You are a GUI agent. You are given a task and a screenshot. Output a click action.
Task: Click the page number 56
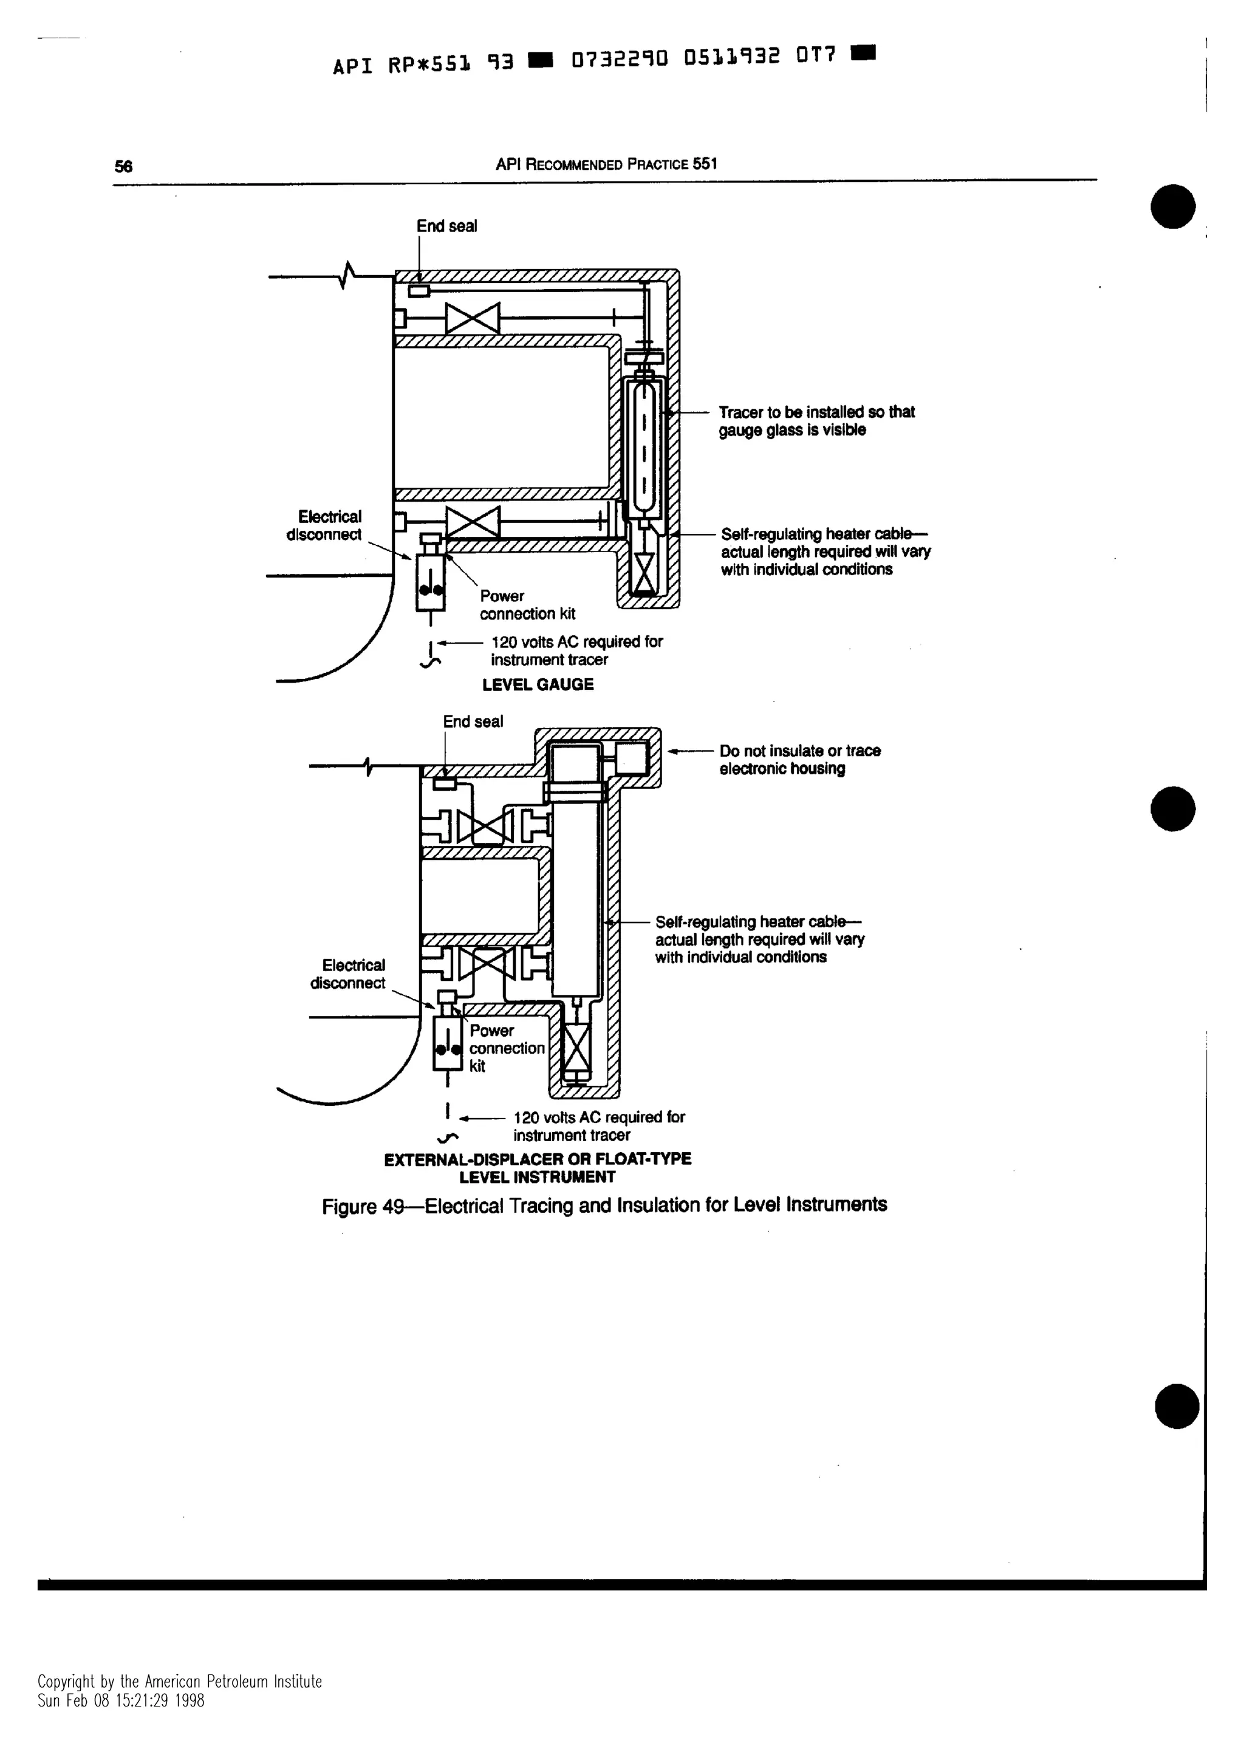123,166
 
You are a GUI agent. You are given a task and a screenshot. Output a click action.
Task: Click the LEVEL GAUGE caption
538,684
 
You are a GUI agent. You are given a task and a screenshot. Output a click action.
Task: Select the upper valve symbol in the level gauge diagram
472,318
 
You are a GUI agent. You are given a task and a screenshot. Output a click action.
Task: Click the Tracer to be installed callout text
816,421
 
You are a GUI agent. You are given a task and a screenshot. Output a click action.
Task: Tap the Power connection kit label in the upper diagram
527,605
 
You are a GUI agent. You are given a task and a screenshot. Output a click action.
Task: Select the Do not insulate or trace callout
799,760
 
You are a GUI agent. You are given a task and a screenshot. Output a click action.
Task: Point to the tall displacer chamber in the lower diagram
575,897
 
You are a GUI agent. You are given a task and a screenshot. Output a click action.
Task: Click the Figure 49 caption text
604,1206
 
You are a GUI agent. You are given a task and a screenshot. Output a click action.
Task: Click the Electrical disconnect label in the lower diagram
349,974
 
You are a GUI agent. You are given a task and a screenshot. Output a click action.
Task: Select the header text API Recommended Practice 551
606,164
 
